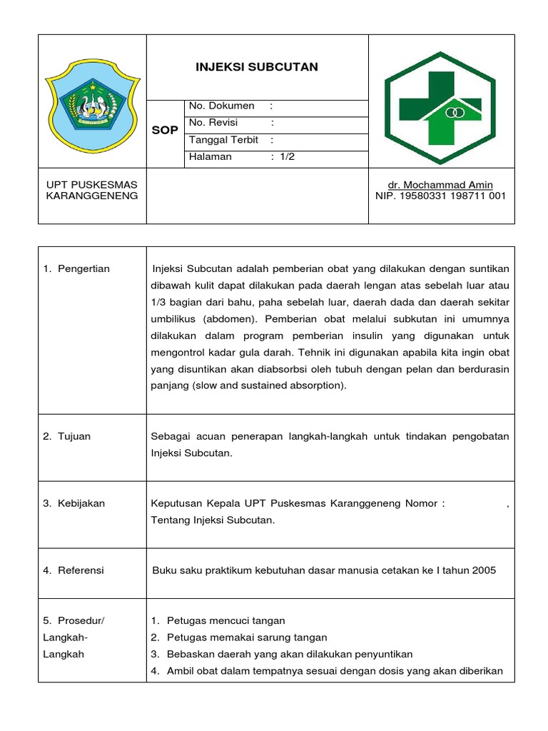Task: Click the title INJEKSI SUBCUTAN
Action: [x=257, y=67]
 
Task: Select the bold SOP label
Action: [x=166, y=131]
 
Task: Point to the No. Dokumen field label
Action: [x=222, y=106]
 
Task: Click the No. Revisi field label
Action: [x=213, y=123]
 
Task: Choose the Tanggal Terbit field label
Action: [x=224, y=140]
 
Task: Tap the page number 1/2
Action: [x=287, y=157]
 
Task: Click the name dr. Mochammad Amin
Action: [x=440, y=185]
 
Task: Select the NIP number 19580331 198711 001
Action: [x=440, y=196]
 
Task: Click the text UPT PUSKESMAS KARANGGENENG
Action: [x=92, y=190]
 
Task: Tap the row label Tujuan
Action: [x=74, y=436]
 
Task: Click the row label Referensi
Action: [x=81, y=570]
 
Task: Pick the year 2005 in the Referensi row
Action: [x=483, y=570]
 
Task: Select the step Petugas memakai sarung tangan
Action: [x=247, y=637]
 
